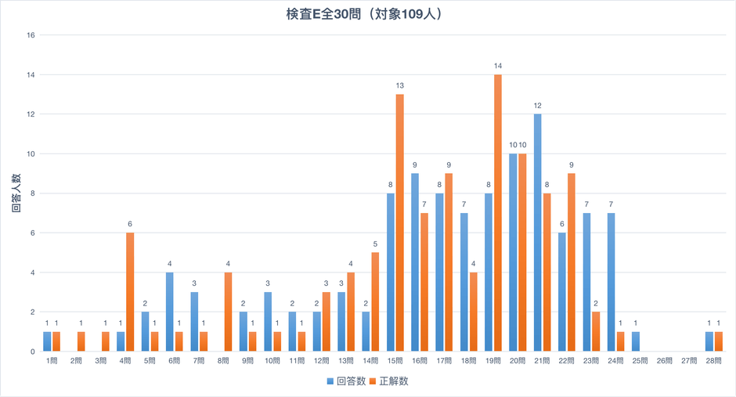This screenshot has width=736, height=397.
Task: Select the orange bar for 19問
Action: [498, 213]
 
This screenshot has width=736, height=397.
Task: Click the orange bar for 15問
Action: [400, 223]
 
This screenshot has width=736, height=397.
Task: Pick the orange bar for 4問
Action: [130, 292]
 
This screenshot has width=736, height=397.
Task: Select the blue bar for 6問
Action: [170, 312]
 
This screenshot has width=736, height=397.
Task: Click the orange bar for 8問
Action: [228, 312]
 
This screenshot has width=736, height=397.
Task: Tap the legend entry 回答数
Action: [345, 381]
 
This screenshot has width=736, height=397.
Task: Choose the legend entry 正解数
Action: [391, 381]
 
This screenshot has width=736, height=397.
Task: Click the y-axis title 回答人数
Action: [16, 193]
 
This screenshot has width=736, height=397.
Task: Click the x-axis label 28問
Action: [713, 362]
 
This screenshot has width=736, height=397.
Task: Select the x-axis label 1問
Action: [52, 362]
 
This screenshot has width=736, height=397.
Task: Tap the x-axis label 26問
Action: [664, 362]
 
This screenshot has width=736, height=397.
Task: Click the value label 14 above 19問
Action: [498, 66]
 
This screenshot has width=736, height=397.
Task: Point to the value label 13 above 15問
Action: [400, 85]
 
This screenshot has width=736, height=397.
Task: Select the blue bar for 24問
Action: [609, 282]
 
